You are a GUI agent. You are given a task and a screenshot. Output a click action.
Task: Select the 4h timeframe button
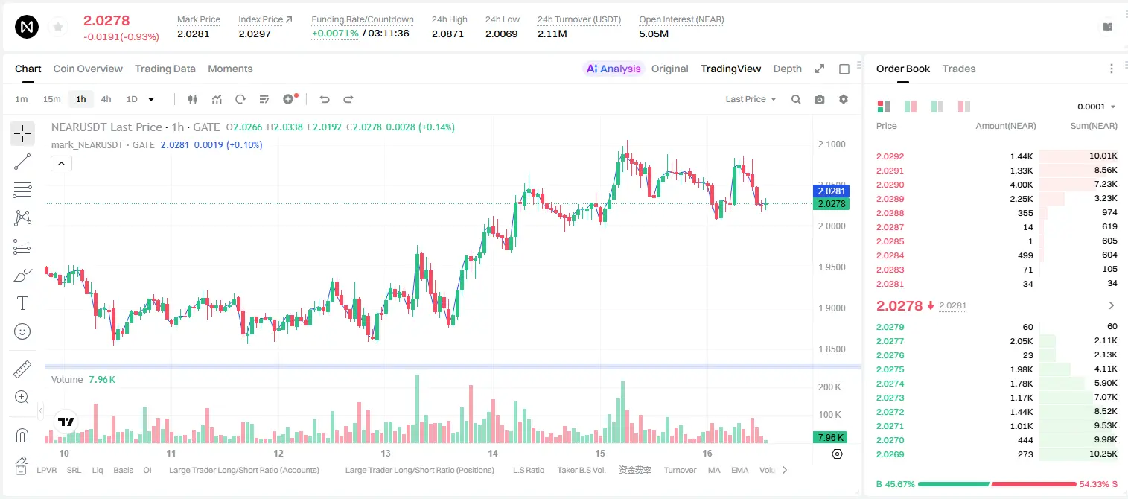click(x=106, y=99)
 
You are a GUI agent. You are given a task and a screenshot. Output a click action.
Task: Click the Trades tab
click(x=959, y=69)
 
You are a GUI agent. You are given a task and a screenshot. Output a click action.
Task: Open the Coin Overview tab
click(x=88, y=69)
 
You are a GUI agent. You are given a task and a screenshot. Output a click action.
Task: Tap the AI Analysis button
click(x=614, y=69)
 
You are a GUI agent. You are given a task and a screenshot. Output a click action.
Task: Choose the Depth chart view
click(x=787, y=69)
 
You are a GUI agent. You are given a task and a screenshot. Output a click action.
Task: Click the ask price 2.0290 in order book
click(x=890, y=185)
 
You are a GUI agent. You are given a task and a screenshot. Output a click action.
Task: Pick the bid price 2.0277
click(x=890, y=341)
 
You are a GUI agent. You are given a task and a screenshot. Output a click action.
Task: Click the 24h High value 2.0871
click(x=447, y=34)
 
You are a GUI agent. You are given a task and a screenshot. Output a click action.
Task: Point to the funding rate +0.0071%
click(x=335, y=34)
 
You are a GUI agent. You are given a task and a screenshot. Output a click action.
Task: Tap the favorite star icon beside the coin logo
click(x=58, y=27)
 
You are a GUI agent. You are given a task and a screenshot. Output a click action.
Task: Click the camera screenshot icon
click(x=820, y=99)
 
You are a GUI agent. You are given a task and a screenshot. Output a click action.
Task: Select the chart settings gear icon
click(x=844, y=99)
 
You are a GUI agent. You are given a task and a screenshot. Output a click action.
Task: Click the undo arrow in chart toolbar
click(x=325, y=99)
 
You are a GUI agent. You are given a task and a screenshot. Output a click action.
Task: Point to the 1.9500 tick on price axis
click(x=832, y=267)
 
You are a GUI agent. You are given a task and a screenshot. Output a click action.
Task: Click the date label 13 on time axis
click(x=385, y=453)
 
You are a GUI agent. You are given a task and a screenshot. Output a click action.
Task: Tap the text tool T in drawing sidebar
click(x=22, y=303)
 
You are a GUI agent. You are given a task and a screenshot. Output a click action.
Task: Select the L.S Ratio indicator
click(x=528, y=470)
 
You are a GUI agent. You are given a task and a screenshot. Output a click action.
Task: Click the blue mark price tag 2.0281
click(x=831, y=191)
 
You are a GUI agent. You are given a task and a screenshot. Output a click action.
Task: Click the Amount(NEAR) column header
click(x=1006, y=126)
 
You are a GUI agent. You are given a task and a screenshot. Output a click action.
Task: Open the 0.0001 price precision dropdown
click(x=1096, y=107)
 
